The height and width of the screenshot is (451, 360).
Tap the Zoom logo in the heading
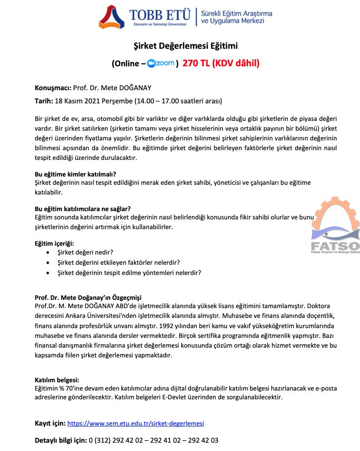click(x=161, y=63)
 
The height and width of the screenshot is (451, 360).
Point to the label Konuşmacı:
click(x=53, y=88)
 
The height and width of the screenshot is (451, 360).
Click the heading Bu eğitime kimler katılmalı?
click(x=75, y=174)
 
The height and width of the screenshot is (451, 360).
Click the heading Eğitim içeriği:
click(x=54, y=243)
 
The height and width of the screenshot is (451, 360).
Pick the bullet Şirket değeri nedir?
click(x=85, y=253)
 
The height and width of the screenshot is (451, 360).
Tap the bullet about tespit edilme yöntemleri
click(x=129, y=273)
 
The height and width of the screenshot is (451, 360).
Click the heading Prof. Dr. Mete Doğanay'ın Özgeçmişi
click(x=88, y=297)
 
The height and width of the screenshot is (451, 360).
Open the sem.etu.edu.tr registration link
click(x=135, y=423)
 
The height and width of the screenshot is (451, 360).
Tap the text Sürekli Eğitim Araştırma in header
click(x=237, y=14)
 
